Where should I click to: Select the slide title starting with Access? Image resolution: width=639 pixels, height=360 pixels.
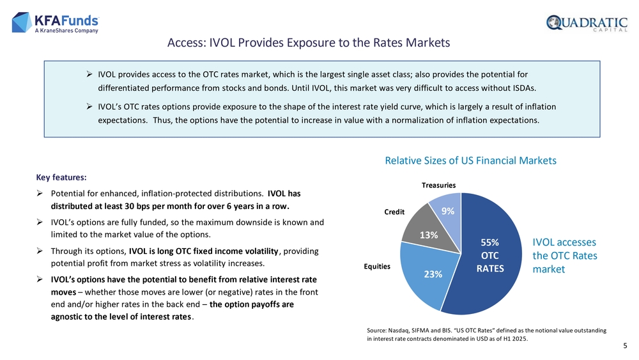309,43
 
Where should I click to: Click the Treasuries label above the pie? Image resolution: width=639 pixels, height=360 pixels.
438,185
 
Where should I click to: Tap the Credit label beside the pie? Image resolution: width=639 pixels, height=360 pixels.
394,212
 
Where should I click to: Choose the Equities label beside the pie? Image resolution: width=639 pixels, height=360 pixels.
377,267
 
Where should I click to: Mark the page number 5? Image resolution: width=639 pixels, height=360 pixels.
624,346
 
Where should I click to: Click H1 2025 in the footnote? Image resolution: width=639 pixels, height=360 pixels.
512,338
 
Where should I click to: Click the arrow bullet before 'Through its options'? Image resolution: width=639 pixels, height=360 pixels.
40,251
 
